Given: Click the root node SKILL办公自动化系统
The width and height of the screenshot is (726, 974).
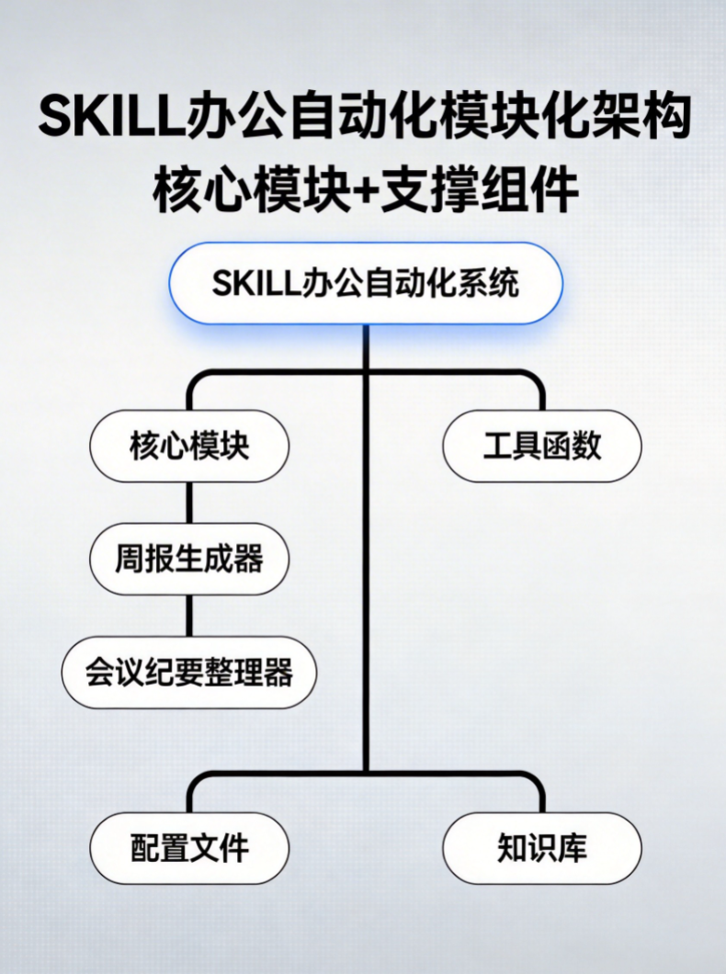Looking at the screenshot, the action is (x=365, y=283).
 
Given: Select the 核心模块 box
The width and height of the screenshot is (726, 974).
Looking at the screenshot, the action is (x=189, y=446).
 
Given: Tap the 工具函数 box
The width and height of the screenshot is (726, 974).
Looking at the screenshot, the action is (x=542, y=446).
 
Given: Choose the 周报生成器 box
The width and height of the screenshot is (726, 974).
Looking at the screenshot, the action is (x=189, y=559).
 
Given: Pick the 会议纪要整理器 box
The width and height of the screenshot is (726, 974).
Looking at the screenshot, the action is (x=189, y=673).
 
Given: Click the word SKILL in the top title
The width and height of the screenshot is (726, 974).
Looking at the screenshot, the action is (x=102, y=118).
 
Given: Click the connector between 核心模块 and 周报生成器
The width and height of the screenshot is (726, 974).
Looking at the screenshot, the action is (x=189, y=503).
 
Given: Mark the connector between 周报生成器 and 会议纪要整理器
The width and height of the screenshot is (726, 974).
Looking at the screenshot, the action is (x=189, y=616).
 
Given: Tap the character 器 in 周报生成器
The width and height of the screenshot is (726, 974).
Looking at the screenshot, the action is (x=249, y=559).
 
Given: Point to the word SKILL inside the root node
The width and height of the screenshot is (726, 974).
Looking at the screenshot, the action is (x=251, y=283).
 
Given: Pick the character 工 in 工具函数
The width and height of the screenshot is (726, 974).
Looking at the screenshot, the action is (x=498, y=446).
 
